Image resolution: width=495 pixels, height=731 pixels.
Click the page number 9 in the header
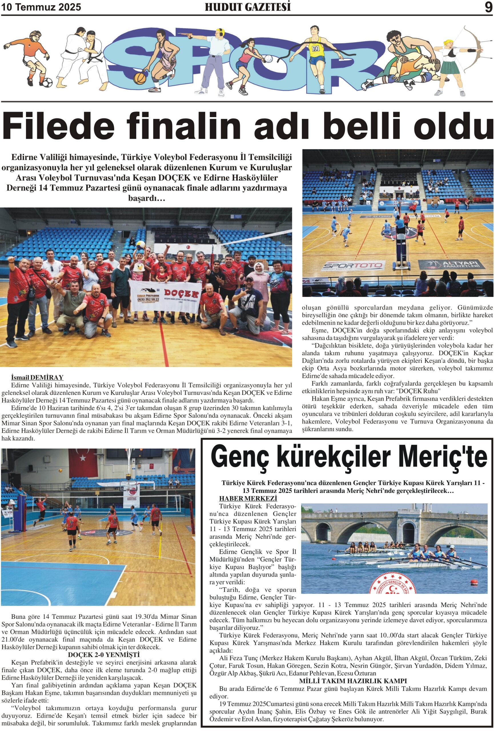point(488,7)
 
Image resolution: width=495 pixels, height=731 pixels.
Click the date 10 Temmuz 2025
point(41,7)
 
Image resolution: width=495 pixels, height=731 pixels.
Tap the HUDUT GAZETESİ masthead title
point(248,7)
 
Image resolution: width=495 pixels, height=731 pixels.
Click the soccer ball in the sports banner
point(47,83)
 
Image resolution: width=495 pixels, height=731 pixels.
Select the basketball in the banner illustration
point(139,78)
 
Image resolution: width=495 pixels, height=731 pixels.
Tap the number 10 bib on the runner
point(316,49)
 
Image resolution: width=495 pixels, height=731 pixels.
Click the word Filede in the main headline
point(59,126)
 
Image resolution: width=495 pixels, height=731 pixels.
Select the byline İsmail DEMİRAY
point(37,377)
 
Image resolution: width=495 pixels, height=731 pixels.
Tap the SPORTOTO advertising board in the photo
point(353,266)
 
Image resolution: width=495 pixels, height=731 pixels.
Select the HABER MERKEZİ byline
point(248,498)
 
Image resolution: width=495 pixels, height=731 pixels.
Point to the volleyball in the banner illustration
point(268,59)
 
